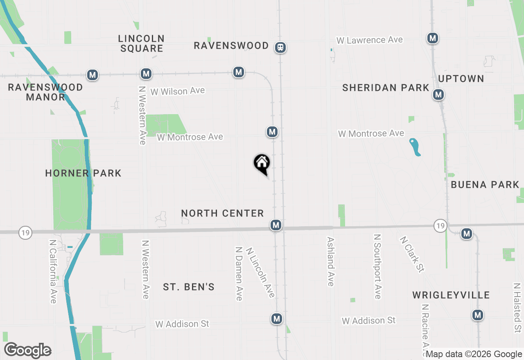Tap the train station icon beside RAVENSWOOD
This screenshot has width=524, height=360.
[x=280, y=47]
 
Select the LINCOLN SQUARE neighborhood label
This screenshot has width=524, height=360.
[x=142, y=43]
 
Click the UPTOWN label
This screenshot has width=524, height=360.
[x=461, y=79]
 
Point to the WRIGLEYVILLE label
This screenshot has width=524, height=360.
[x=451, y=295]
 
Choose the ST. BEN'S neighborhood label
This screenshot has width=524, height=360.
[x=189, y=287]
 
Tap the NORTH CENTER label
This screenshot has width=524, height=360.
[x=222, y=213]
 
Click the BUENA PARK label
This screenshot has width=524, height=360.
[x=485, y=184]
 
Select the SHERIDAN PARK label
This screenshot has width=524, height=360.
[x=386, y=88]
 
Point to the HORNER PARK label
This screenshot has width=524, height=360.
[x=83, y=173]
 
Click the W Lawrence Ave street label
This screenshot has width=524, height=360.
[x=370, y=40]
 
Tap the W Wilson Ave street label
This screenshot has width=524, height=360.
[x=177, y=91]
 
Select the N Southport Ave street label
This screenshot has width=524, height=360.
[x=377, y=266]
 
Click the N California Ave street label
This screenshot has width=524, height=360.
[x=53, y=271]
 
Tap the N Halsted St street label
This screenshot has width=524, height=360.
[x=517, y=307]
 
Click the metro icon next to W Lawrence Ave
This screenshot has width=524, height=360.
[x=433, y=38]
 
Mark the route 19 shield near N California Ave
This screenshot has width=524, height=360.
[x=25, y=233]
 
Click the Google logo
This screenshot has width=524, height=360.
[x=27, y=350]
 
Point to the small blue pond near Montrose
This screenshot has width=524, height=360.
[x=415, y=147]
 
